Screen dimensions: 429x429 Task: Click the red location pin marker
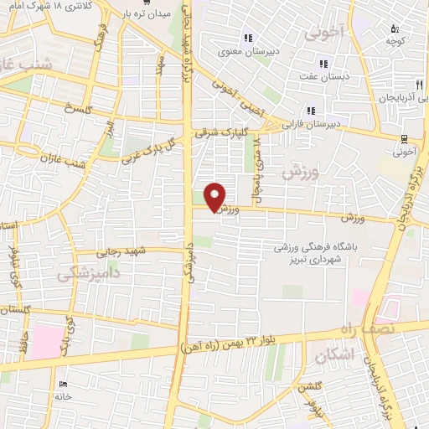point(215,197)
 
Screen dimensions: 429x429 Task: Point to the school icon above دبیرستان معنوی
point(247,37)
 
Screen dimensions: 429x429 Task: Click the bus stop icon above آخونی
point(405,139)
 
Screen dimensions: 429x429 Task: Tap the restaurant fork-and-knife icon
point(420,85)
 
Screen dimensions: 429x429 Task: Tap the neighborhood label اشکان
point(334,356)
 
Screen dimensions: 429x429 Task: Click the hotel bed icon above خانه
point(65,385)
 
